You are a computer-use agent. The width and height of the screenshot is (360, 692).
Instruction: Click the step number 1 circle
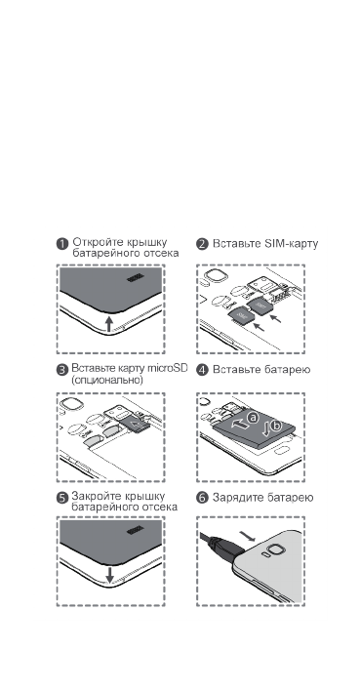(x=61, y=243)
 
